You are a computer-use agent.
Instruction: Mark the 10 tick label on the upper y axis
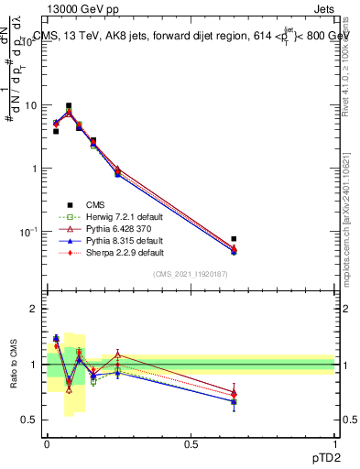(31, 105)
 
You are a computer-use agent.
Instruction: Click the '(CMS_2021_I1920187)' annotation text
(191, 276)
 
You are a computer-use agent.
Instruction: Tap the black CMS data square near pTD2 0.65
(234, 239)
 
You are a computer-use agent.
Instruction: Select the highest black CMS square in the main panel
(68, 106)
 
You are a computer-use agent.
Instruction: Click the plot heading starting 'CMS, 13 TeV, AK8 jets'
(192, 36)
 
